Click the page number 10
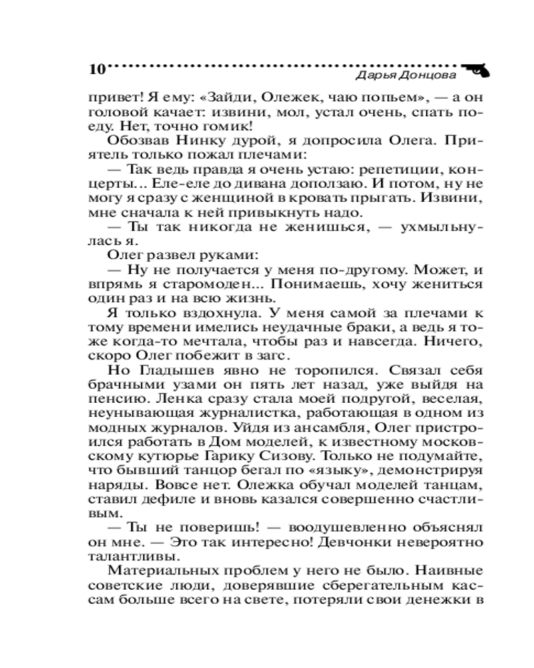[97, 70]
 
